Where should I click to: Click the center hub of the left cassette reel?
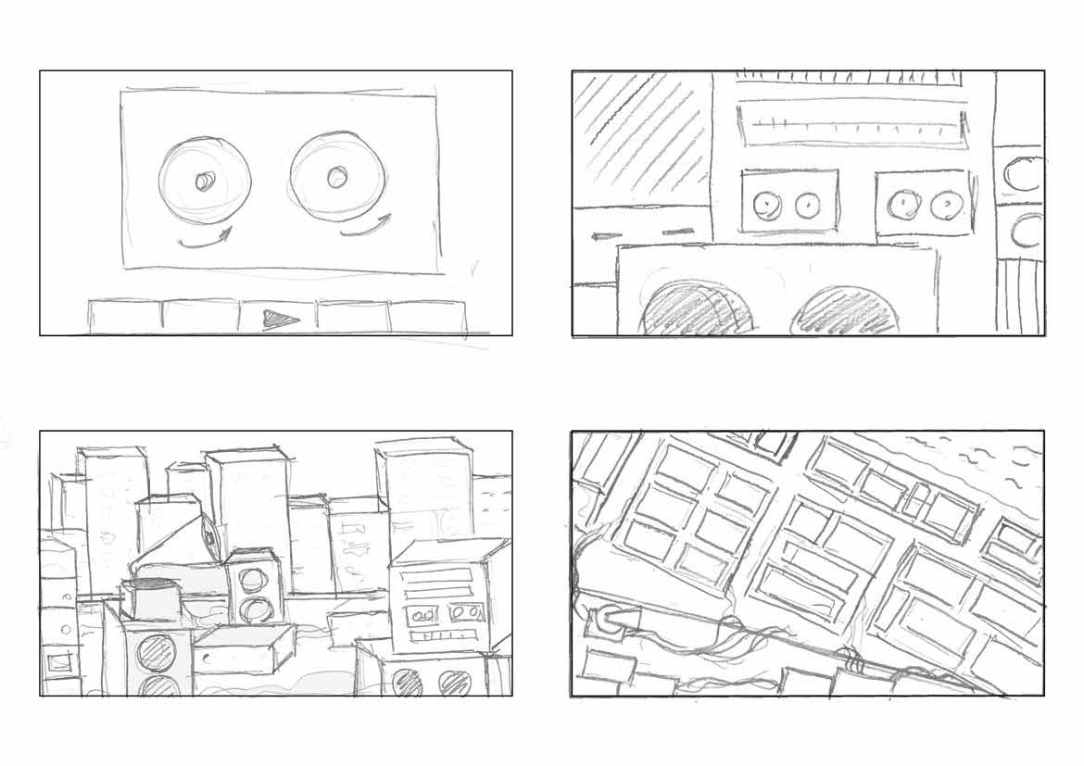tap(202, 182)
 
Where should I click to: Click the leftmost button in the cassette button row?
tap(125, 316)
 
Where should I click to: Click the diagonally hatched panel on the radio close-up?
tap(639, 139)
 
